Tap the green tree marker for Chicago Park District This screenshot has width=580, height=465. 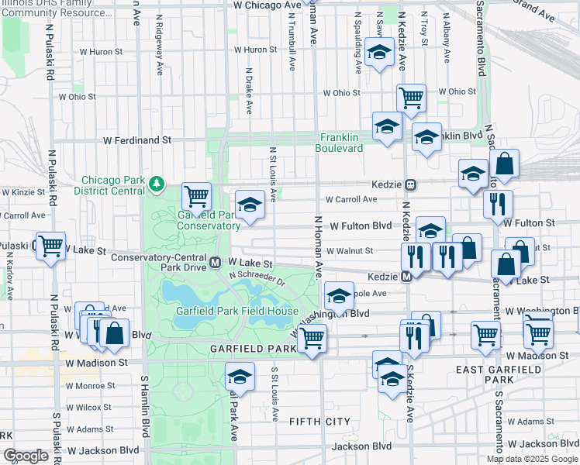pyautogui.click(x=158, y=183)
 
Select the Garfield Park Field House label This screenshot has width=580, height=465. pyautogui.click(x=237, y=312)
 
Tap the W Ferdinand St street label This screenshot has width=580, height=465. pyautogui.click(x=138, y=140)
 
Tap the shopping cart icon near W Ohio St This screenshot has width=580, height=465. pyautogui.click(x=411, y=98)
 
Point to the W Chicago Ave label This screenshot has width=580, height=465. pyautogui.click(x=267, y=5)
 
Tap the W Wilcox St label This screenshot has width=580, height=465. pyautogui.click(x=88, y=407)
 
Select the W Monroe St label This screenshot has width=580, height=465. pyautogui.click(x=90, y=385)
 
